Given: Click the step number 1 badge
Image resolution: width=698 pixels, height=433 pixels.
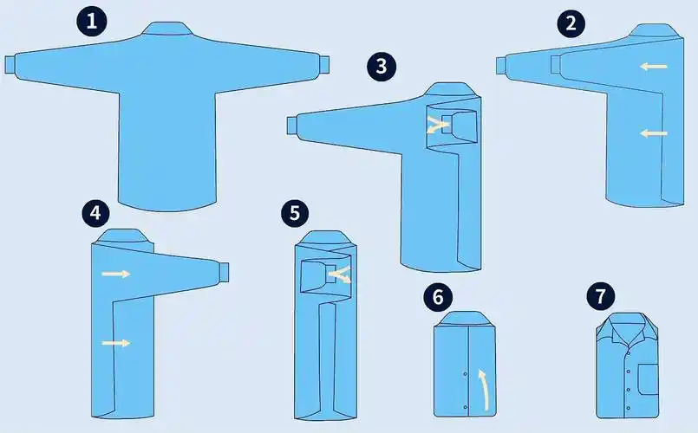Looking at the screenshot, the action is click(x=92, y=21).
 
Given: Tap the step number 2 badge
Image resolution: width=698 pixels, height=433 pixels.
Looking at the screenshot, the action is click(x=571, y=23).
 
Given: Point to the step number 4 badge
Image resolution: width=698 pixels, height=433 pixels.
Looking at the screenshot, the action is click(x=95, y=213).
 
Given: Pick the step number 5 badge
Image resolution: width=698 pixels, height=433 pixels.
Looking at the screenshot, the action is click(x=295, y=213).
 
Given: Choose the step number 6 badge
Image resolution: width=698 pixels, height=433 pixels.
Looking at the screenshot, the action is click(x=438, y=296).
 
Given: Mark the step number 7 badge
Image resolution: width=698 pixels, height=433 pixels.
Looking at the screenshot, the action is click(x=601, y=296).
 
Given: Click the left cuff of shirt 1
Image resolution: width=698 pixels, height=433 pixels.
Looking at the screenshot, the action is click(x=10, y=65).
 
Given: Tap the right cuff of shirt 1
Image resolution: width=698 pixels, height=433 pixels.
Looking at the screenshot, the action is click(x=324, y=65).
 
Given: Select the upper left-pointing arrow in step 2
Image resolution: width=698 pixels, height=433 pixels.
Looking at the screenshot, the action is click(x=654, y=67).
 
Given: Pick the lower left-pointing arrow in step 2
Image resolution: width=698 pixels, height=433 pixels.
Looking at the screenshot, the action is click(x=654, y=132).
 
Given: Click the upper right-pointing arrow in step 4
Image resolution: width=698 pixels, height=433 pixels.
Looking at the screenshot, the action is click(x=116, y=274).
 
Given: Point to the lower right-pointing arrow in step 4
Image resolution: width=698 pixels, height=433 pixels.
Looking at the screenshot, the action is click(x=116, y=343).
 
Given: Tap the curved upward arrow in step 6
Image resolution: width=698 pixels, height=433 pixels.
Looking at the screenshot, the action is click(x=485, y=387).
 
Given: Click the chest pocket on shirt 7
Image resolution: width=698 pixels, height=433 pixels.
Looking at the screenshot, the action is click(x=649, y=379).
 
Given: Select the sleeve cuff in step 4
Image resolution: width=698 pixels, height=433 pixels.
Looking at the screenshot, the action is click(x=224, y=272).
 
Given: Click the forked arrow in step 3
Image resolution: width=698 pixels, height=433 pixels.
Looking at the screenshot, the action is click(x=436, y=125).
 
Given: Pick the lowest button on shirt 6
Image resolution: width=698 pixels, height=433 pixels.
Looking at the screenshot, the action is click(x=466, y=407).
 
